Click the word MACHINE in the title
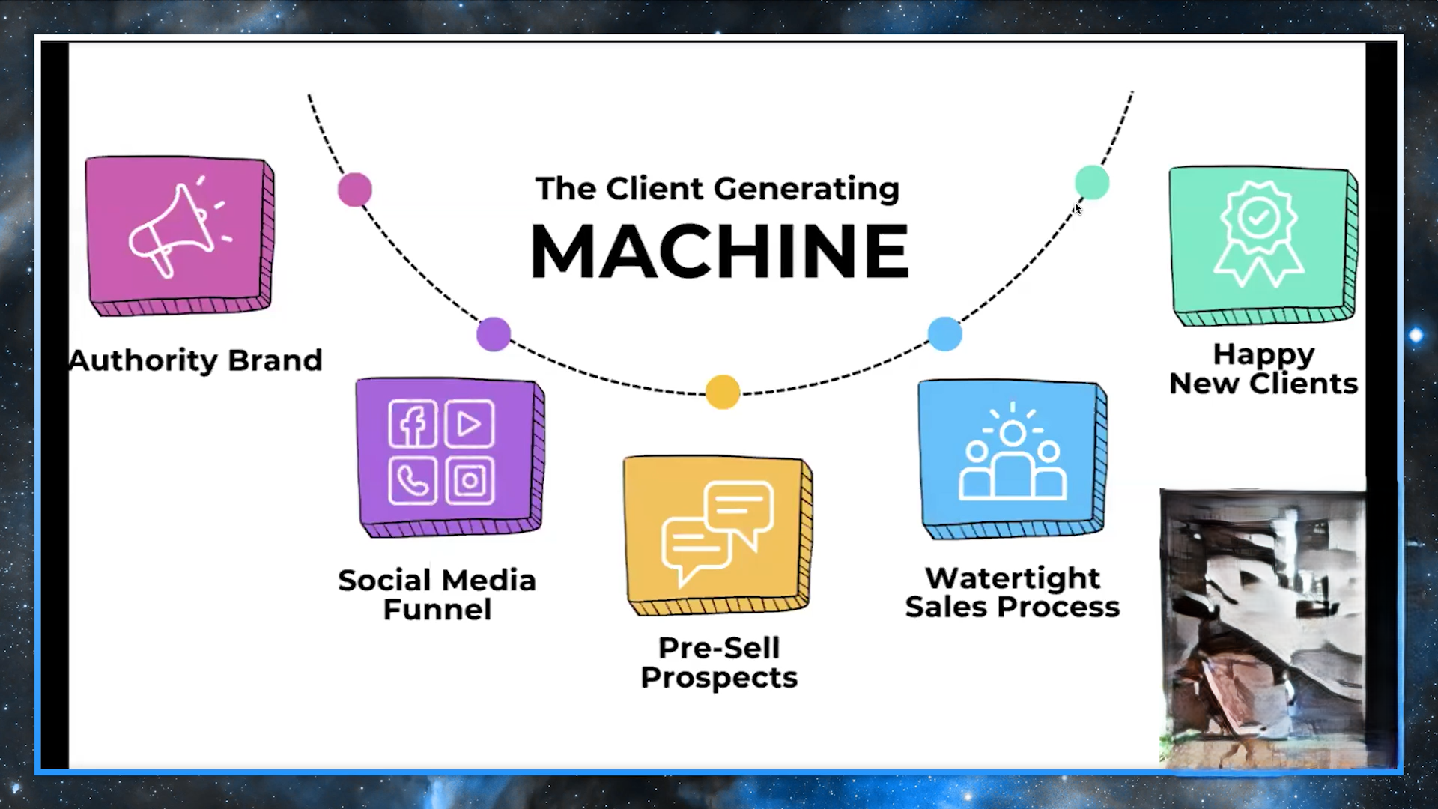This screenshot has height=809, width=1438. (x=719, y=252)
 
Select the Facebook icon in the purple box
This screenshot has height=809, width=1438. (x=413, y=424)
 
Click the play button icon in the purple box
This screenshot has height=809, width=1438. (x=470, y=424)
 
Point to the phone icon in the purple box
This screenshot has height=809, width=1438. (x=413, y=480)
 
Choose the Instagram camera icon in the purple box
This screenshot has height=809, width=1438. (x=470, y=480)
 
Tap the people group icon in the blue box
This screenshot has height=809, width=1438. (x=1013, y=458)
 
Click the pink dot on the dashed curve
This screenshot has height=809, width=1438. (x=355, y=189)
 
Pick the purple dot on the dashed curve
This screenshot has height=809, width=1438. (x=494, y=334)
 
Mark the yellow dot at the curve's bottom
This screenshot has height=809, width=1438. (x=723, y=392)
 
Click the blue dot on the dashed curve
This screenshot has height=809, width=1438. (x=945, y=333)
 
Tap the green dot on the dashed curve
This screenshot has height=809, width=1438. (x=1092, y=182)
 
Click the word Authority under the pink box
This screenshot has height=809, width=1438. (x=142, y=360)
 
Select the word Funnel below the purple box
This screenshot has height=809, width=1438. (x=437, y=610)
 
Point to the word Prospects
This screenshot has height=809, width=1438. (x=719, y=678)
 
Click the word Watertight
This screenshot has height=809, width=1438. (x=1013, y=578)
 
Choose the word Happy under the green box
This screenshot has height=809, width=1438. (x=1263, y=354)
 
